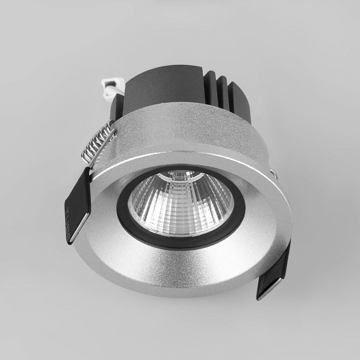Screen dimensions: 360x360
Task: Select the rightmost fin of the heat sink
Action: point(243,103)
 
